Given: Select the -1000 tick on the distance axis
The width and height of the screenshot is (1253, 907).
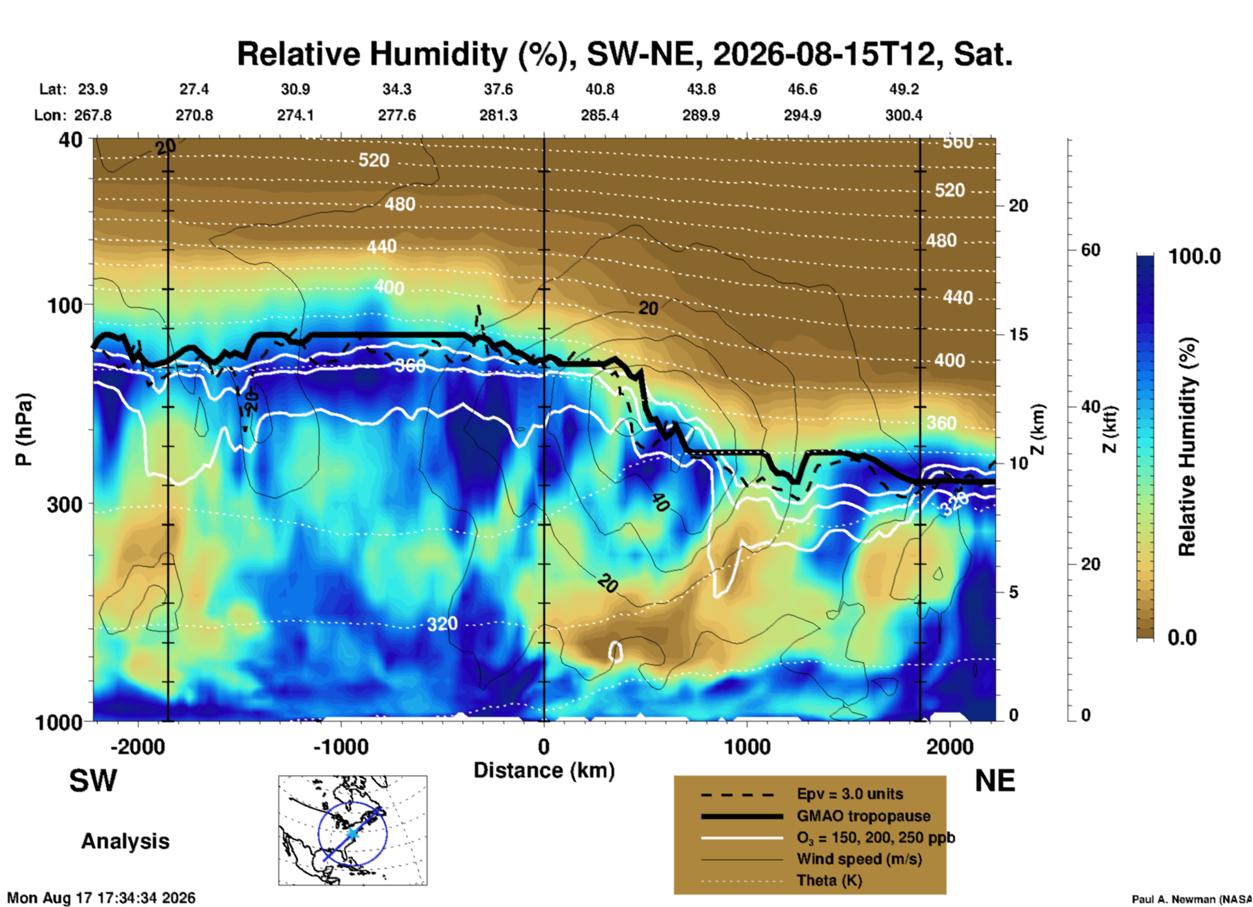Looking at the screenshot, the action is coord(341,746).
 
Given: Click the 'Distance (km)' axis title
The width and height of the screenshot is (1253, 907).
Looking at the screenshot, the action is coord(544,770).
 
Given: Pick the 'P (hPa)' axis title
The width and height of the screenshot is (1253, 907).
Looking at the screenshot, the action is coord(23,429).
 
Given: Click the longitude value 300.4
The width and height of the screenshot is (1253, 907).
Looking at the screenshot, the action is coord(904,115).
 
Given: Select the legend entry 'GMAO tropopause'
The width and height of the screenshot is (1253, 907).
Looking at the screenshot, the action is coord(863,816).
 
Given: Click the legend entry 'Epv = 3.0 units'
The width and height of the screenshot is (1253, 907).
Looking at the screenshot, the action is coord(850,794).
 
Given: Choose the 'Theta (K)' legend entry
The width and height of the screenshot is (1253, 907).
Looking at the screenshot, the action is coord(829,880).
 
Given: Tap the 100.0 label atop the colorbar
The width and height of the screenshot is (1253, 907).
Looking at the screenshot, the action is coord(1194,256).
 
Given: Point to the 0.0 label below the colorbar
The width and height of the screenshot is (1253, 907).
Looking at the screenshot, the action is coord(1182,637).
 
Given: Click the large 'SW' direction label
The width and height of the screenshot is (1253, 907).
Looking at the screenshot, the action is coord(93,781).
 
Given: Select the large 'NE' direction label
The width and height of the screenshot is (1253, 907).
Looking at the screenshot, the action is coord(995,781).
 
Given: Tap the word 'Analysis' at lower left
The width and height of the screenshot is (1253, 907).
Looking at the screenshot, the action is coord(125,841).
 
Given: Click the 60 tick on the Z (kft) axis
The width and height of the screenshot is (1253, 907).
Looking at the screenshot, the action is coord(1090,250).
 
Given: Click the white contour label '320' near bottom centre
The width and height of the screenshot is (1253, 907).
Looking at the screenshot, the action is coord(442,624).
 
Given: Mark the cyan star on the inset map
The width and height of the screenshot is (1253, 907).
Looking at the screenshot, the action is coord(352,833).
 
